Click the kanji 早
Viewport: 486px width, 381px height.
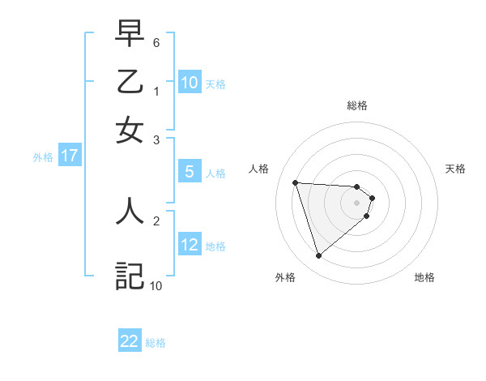tap(130, 35)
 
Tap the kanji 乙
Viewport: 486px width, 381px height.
tap(130, 83)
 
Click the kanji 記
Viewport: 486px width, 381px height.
tap(130, 276)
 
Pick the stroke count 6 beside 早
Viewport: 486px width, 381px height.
tap(156, 42)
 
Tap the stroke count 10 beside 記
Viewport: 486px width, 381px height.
tap(156, 285)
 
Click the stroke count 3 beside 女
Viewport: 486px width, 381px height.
tap(156, 139)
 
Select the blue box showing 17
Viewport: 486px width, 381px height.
tap(69, 156)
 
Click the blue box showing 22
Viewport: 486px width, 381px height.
tap(130, 341)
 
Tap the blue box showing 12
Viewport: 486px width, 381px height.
tap(190, 245)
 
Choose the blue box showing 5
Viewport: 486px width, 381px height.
tap(190, 172)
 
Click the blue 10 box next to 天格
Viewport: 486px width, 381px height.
tap(190, 83)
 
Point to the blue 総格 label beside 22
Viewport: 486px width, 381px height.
tap(156, 343)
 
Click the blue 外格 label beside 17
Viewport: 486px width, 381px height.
tap(43, 157)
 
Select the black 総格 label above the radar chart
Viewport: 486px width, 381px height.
tap(356, 105)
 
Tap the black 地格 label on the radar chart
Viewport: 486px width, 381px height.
tap(424, 277)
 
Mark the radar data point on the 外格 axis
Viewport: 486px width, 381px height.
tap(318, 256)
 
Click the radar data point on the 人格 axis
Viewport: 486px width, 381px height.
tap(296, 182)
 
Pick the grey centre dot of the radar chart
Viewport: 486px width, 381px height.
tap(356, 202)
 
